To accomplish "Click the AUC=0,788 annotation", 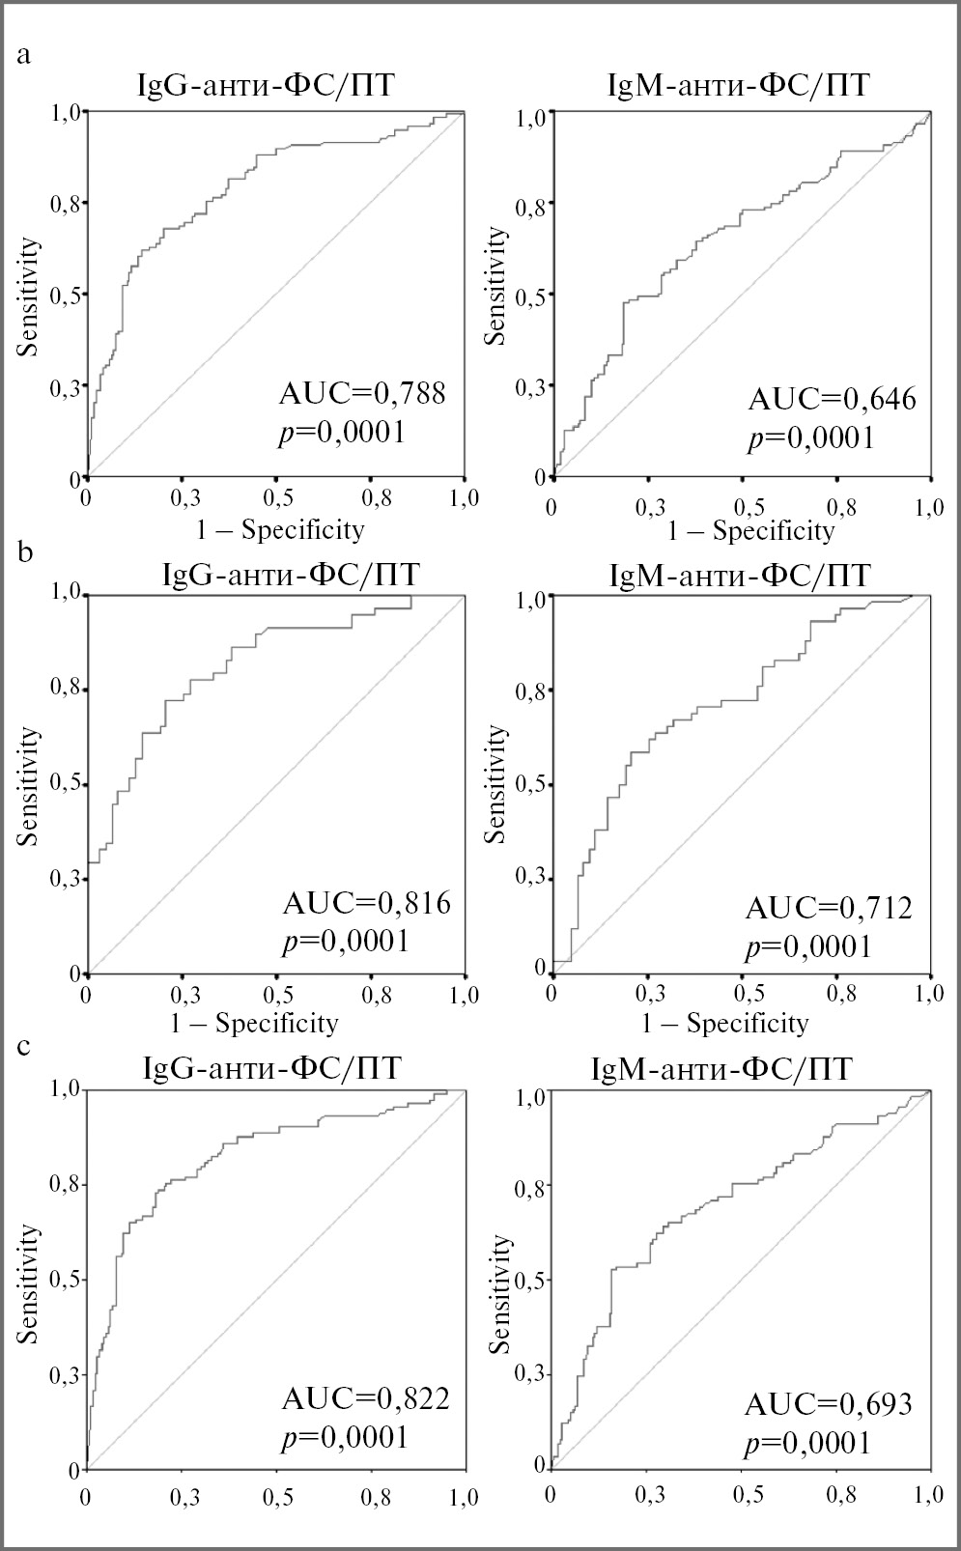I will coord(362,394).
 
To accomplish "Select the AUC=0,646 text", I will coord(832,399).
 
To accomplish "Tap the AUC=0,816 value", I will coord(366,903).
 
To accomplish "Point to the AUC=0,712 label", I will coord(829,908).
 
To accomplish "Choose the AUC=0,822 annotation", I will coord(365,1398).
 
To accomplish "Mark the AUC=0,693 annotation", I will coord(829,1404).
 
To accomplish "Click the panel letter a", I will coord(25,54).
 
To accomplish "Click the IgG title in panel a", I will coord(266,87).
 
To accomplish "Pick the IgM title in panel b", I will coord(740,576).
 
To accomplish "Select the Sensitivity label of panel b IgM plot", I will coord(495,784).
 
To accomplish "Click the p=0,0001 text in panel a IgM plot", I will coord(810,438).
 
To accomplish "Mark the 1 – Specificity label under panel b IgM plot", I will coord(725,1023).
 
